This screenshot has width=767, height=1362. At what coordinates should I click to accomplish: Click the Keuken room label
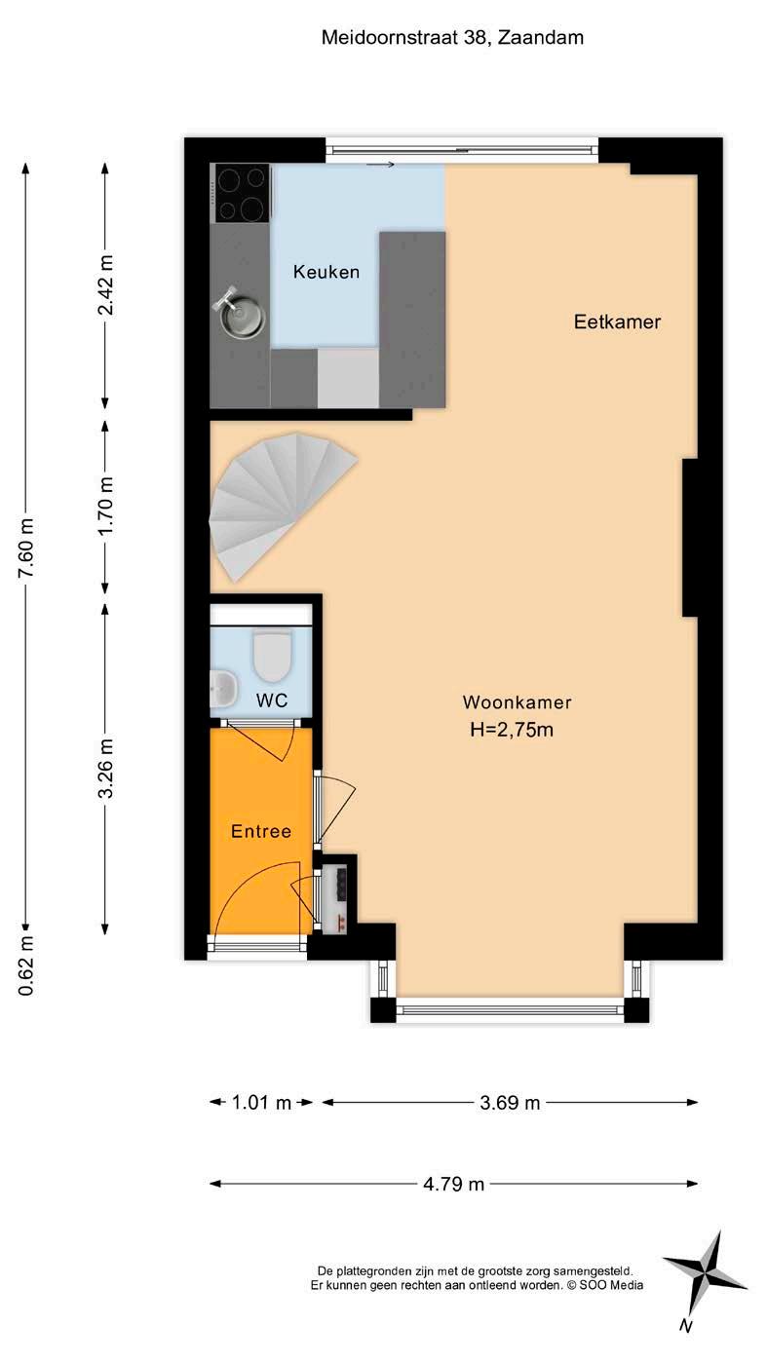[326, 272]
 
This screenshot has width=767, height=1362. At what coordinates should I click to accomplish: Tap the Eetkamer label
[617, 322]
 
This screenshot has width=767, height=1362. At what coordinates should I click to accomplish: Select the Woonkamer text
[517, 702]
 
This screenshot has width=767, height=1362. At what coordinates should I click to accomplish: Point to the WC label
[271, 700]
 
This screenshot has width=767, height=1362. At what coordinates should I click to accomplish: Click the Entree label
[261, 831]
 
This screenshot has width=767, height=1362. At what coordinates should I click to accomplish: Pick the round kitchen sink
[241, 315]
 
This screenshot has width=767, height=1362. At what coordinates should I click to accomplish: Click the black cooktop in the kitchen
[243, 193]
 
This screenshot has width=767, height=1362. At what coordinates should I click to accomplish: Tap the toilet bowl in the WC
[272, 656]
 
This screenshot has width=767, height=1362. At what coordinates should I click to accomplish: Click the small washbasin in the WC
[222, 689]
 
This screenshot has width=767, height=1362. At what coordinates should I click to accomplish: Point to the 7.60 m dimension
[25, 548]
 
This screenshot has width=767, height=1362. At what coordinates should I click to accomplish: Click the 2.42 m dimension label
[105, 284]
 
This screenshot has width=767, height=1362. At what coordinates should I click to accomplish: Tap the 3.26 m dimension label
[105, 768]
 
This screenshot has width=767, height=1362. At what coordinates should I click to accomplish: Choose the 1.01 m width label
[261, 1103]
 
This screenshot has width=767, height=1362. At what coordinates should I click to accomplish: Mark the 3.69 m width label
[510, 1103]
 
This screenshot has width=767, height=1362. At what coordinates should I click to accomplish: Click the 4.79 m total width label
[454, 1184]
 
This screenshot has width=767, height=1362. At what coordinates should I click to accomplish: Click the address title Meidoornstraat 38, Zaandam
[452, 38]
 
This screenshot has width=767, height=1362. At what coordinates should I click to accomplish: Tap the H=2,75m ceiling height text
[512, 729]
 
